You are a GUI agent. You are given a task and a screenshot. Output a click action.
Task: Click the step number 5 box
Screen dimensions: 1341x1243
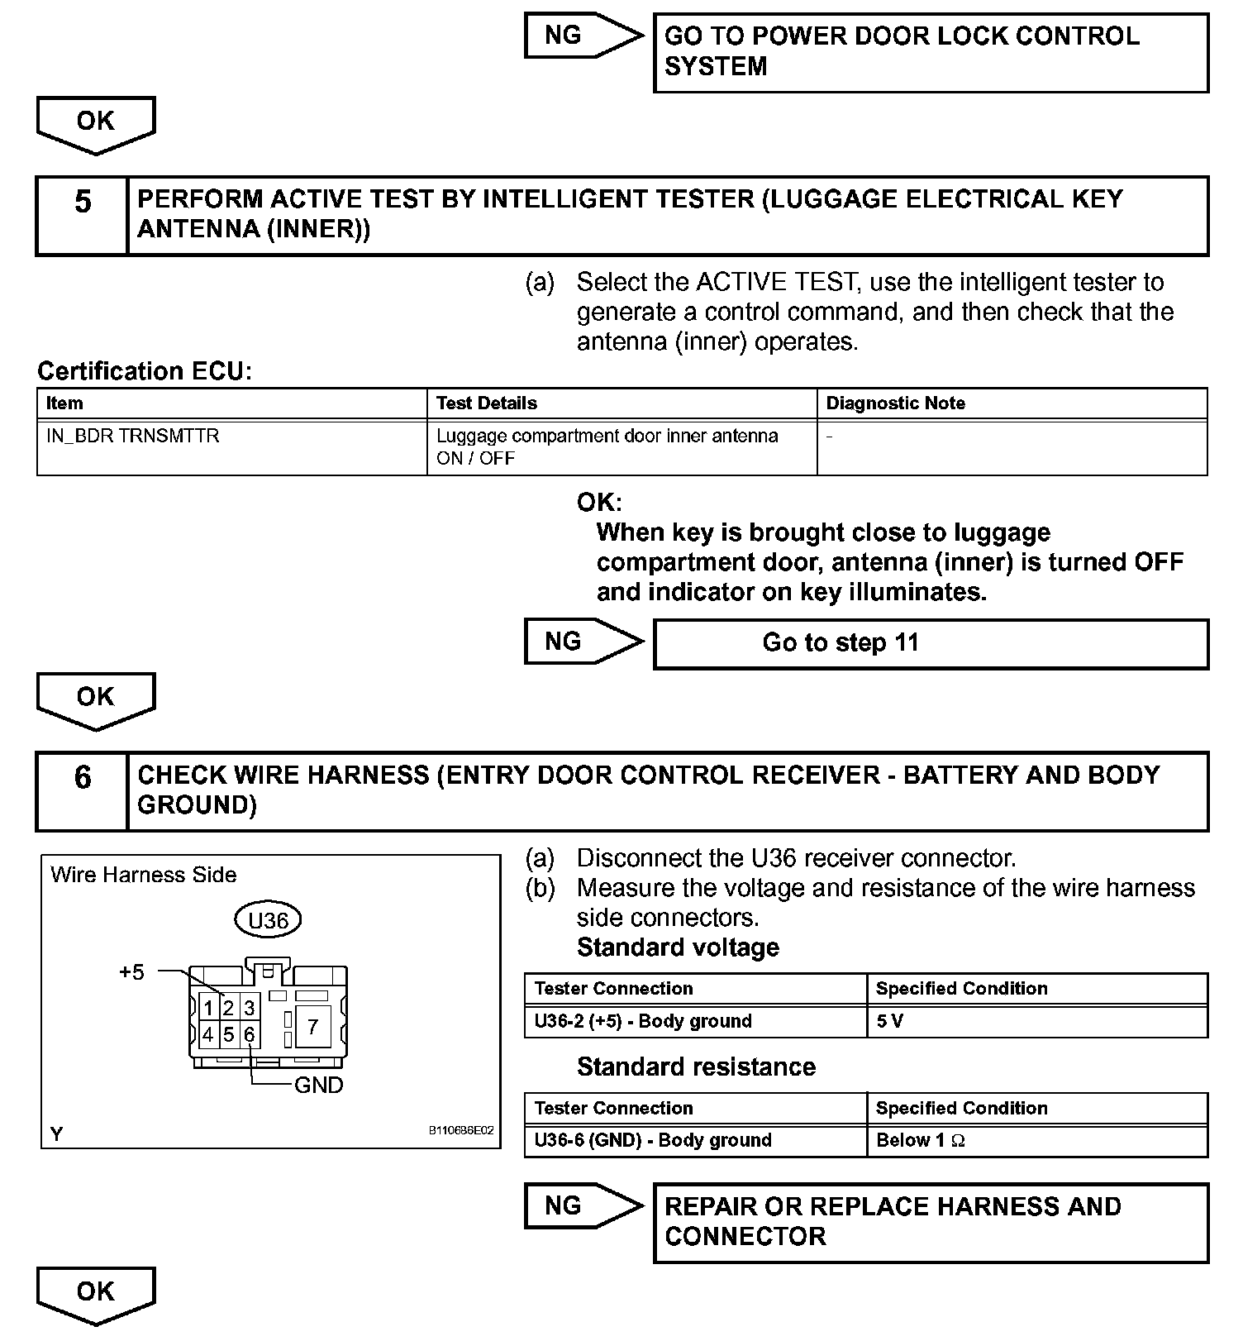(83, 215)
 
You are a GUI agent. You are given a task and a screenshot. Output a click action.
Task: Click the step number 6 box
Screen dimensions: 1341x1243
(83, 791)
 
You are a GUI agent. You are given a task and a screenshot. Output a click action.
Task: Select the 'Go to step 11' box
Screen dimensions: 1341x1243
(931, 643)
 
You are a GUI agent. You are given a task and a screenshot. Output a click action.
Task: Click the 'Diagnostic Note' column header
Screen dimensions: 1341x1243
(1012, 403)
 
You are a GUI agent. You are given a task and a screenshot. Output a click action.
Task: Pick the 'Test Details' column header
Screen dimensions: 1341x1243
(621, 403)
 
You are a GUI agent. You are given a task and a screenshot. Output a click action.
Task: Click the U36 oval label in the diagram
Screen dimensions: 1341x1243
(268, 920)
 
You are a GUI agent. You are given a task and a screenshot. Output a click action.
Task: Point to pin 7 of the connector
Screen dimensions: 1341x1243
(312, 1027)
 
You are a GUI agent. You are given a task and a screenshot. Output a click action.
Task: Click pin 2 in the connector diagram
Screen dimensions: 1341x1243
(229, 1008)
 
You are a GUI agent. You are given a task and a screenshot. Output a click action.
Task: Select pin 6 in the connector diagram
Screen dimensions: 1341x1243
(249, 1035)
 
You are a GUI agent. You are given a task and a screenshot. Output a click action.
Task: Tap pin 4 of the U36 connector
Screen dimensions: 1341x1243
(208, 1035)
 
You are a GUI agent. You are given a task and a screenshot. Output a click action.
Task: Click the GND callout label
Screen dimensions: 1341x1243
(318, 1085)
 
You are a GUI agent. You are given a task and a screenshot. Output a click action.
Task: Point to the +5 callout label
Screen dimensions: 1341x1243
(131, 972)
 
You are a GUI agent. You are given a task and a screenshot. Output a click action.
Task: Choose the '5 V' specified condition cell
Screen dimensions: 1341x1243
(1036, 1021)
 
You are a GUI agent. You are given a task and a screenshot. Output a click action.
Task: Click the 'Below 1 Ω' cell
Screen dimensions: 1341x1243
(1036, 1141)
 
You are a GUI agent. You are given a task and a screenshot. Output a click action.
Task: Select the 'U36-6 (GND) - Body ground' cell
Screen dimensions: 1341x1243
(695, 1141)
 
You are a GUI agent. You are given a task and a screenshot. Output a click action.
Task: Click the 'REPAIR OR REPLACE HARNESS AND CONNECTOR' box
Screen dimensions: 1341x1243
(931, 1222)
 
